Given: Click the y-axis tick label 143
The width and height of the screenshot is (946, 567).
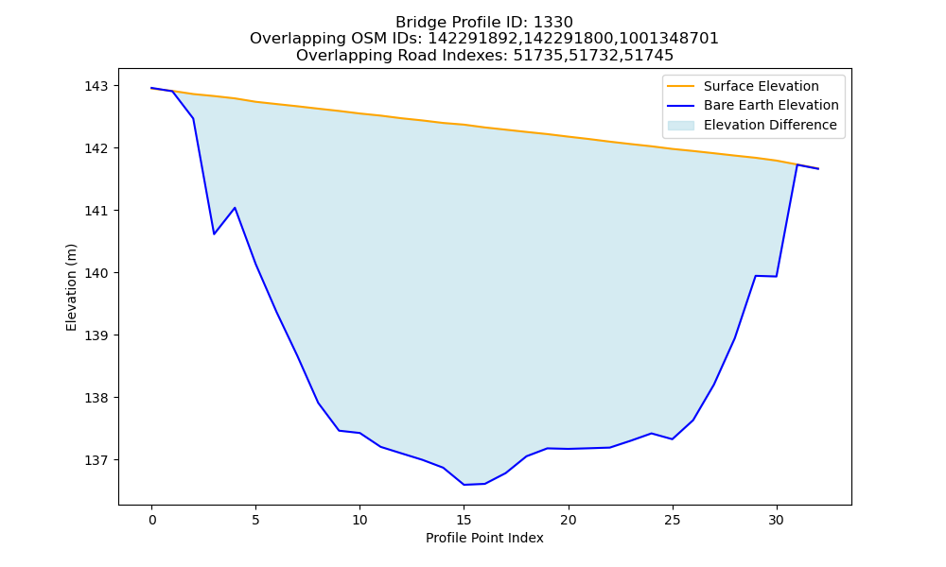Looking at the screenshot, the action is [x=96, y=86].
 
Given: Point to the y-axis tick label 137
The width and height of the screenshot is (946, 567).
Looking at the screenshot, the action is [x=96, y=460].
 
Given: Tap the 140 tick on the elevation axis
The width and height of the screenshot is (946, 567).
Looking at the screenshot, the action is [x=96, y=273].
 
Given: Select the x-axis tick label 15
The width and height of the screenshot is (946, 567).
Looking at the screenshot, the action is [x=464, y=520].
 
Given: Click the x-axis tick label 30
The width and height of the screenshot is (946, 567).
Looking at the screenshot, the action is [x=777, y=520].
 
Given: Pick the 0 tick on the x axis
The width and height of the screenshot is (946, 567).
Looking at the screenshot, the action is [x=152, y=520].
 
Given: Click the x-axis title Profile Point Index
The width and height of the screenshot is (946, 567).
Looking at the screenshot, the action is [x=484, y=538].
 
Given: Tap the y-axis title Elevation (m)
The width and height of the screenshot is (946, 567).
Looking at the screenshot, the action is [x=72, y=287].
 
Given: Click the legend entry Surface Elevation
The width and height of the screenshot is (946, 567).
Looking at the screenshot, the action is [x=761, y=86].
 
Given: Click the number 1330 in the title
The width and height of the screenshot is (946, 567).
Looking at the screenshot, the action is [x=553, y=23].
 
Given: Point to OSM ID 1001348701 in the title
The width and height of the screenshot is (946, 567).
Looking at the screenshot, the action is [x=669, y=39].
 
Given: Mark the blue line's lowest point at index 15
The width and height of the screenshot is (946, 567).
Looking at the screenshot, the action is [x=464, y=485].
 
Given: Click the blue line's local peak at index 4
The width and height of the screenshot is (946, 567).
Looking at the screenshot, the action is [x=235, y=208].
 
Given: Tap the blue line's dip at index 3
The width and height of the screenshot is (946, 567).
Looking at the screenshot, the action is [x=214, y=233].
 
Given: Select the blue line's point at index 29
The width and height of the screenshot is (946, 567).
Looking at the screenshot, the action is [x=755, y=275].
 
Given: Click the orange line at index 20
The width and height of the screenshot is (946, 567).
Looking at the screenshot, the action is [x=569, y=136].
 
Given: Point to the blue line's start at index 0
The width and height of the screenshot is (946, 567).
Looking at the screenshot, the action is [x=152, y=88].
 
